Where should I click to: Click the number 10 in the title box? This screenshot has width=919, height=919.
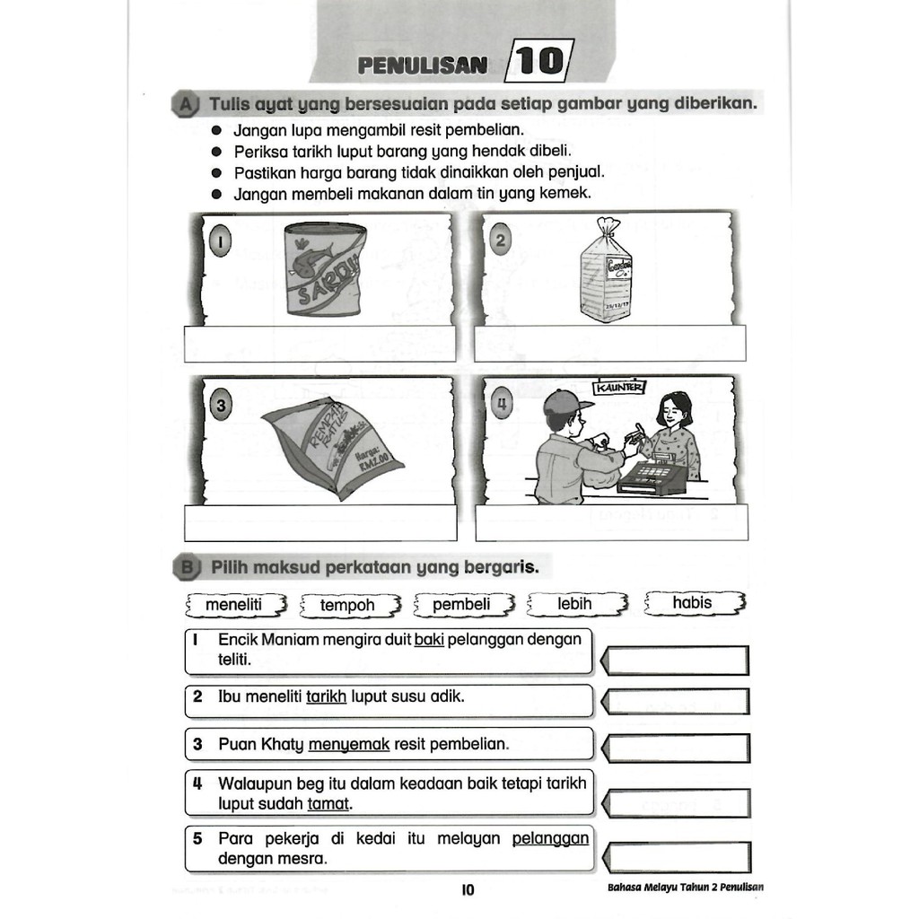(x=538, y=62)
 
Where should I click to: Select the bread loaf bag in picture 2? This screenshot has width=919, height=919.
(x=606, y=271)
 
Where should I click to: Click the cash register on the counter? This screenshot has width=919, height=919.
(x=652, y=477)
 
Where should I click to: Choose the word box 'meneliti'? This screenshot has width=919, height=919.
(x=234, y=605)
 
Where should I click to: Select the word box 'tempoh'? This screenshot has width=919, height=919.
(x=348, y=606)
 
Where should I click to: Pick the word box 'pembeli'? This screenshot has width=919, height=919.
(x=462, y=605)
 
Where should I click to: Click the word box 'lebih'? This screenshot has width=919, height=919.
(x=575, y=605)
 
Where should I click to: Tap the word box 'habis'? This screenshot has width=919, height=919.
(x=693, y=603)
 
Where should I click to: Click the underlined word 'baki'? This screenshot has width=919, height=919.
(x=430, y=640)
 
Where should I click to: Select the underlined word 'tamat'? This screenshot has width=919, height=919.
(x=328, y=804)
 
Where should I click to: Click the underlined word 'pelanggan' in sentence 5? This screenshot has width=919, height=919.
(x=550, y=839)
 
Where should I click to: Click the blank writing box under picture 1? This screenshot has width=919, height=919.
(x=320, y=345)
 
